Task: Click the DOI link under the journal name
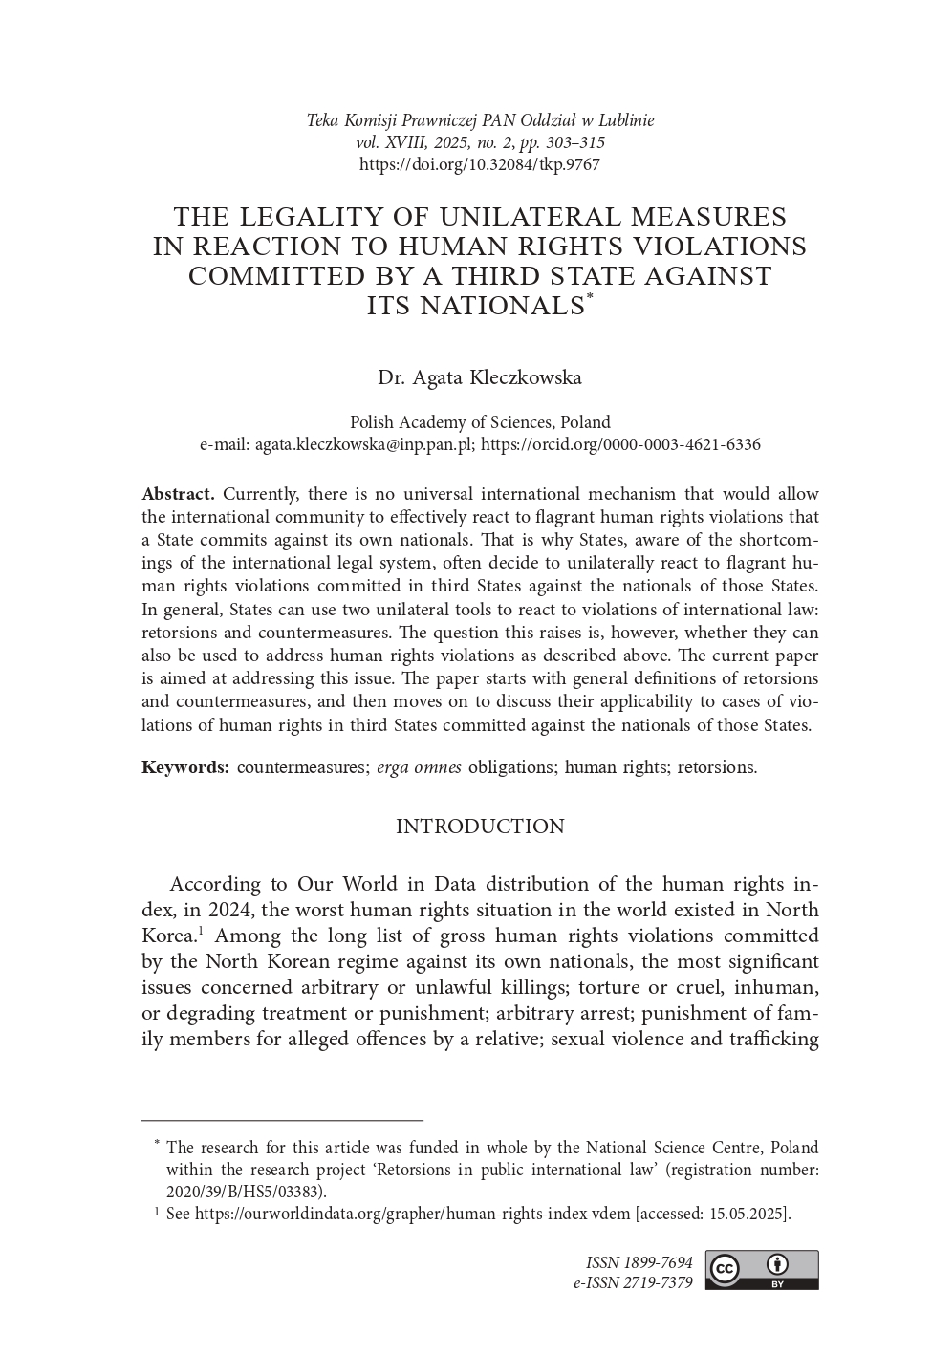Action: (x=479, y=164)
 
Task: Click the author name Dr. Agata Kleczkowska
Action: (x=480, y=377)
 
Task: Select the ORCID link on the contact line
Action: (x=620, y=444)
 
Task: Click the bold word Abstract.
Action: (x=178, y=494)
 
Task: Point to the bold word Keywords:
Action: (x=184, y=767)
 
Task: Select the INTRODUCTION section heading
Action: (x=480, y=827)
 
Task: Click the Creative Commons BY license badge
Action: (x=762, y=1270)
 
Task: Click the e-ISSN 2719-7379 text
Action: (x=633, y=1282)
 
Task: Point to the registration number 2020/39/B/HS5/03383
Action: (x=244, y=1192)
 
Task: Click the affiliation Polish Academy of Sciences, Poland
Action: (x=480, y=422)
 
